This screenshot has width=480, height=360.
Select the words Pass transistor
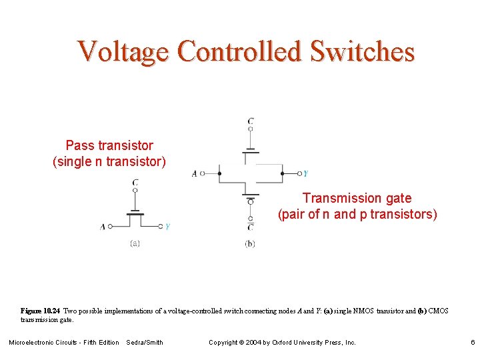(109, 145)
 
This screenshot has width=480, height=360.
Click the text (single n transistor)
(109, 161)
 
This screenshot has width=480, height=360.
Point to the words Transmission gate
(357, 198)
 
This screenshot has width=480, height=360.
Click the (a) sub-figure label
(135, 243)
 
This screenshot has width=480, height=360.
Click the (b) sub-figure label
(250, 244)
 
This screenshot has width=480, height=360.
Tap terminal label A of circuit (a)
(103, 227)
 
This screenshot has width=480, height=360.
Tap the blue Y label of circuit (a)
(167, 227)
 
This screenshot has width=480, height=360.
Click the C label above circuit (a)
(135, 182)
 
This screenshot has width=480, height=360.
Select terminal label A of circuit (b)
(195, 174)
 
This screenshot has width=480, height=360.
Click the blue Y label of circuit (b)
(305, 174)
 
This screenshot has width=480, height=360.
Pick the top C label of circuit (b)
(250, 122)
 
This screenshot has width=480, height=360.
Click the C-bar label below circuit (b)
(250, 227)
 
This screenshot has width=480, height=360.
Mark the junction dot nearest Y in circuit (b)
(282, 173)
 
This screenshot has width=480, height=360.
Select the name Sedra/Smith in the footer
(144, 343)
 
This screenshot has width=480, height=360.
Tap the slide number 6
(472, 343)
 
